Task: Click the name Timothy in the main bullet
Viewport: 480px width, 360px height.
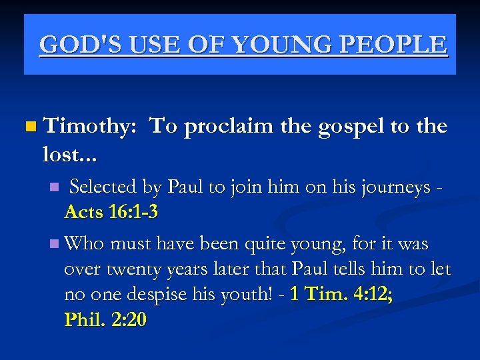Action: (89, 127)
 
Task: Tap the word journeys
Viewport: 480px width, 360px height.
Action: (397, 188)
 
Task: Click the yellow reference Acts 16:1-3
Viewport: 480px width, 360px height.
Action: (111, 213)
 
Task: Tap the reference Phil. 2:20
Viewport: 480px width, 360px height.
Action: (105, 320)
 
